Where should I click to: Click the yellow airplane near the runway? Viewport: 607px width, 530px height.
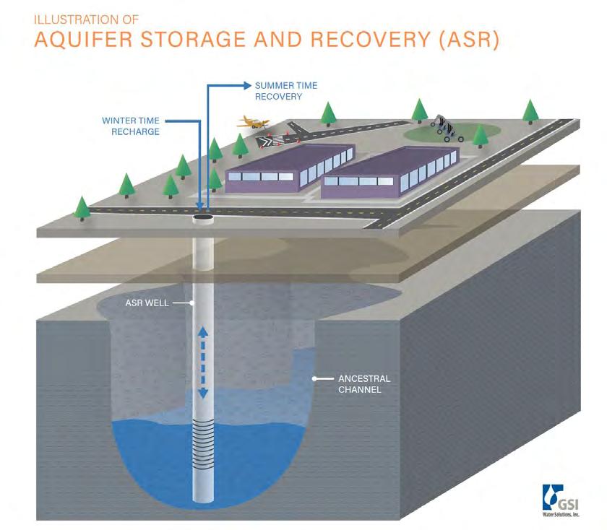tap(255, 123)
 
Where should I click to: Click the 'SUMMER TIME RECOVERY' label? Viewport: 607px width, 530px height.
tap(286, 90)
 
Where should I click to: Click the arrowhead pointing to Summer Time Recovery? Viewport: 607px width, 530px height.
tap(247, 85)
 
